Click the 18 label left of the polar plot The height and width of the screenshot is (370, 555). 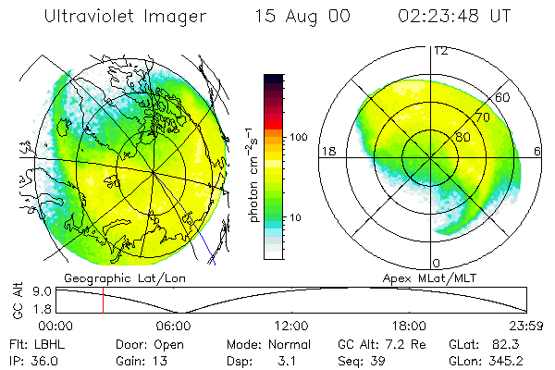click(327, 151)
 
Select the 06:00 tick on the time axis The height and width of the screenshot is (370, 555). click(174, 325)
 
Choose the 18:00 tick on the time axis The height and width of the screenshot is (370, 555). click(410, 325)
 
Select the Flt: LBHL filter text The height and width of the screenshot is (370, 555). click(33, 343)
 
